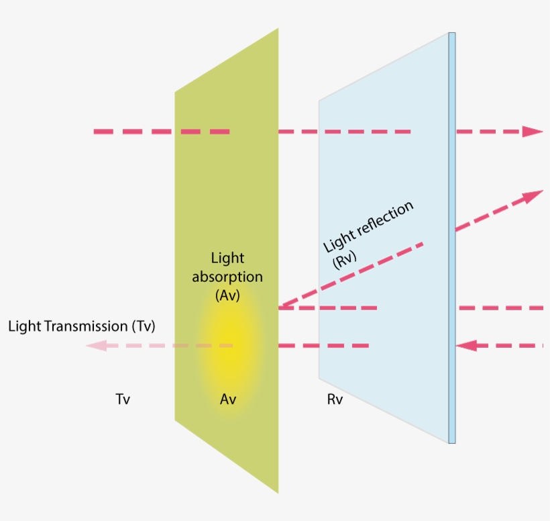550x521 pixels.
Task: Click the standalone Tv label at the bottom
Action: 123,399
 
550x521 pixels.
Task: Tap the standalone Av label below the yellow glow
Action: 228,399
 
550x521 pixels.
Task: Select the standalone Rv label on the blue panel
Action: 335,399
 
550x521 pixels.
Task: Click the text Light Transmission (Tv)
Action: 82,326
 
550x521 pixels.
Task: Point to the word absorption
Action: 227,277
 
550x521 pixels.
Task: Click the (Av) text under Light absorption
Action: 227,295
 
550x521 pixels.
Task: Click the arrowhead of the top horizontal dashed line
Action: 533,131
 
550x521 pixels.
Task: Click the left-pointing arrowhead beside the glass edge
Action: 466,346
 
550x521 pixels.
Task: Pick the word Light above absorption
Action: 227,258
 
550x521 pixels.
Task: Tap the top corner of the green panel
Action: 277,30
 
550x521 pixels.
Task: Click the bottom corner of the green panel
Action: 277,492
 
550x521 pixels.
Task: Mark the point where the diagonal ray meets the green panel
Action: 279,307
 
